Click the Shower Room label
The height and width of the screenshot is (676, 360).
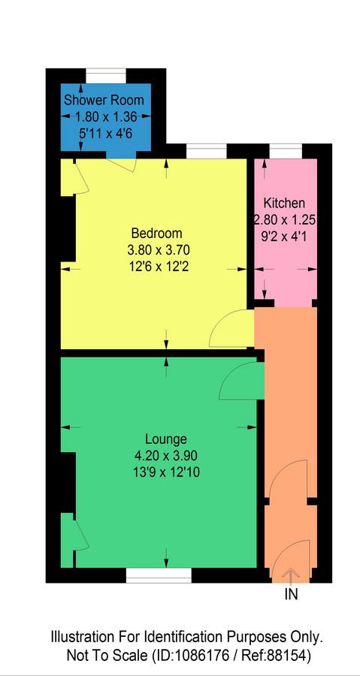[x=104, y=101]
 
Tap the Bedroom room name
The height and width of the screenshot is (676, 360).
[x=157, y=234]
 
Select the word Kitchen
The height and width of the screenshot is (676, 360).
[x=284, y=203]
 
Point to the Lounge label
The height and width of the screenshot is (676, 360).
[x=166, y=439]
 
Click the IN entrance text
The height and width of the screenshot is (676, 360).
[x=291, y=595]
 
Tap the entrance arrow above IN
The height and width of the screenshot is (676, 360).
[x=291, y=575]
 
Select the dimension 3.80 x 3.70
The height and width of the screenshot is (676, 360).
[x=157, y=250]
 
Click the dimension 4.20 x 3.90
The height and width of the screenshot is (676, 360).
[x=166, y=456]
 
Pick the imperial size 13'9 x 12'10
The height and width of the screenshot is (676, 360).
[x=166, y=472]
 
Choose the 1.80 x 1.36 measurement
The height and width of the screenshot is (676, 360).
[x=106, y=116]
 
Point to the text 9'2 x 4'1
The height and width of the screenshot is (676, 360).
[x=284, y=236]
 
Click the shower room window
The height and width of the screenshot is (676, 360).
[x=106, y=76]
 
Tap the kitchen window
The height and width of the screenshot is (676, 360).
[x=286, y=151]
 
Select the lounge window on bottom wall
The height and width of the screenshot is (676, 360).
[x=159, y=575]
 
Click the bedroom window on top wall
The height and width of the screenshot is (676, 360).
[x=207, y=151]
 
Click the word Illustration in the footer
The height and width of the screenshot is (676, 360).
[x=80, y=637]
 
